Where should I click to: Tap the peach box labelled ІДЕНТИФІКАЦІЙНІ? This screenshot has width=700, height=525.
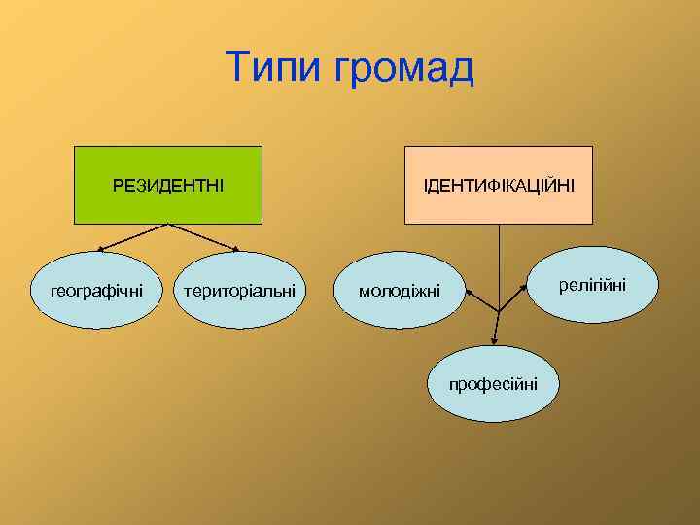(x=498, y=185)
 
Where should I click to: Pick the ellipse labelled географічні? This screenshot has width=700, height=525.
(x=96, y=289)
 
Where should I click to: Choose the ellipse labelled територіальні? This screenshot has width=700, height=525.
(x=240, y=290)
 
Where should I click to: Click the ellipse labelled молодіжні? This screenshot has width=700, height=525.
(x=400, y=291)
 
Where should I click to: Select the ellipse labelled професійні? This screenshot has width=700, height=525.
(x=497, y=383)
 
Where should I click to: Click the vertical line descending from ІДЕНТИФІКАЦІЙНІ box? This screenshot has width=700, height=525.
(x=499, y=262)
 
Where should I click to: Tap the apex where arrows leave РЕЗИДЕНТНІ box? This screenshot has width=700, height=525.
(x=169, y=225)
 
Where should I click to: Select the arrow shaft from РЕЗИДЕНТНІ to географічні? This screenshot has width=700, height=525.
(x=136, y=236)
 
